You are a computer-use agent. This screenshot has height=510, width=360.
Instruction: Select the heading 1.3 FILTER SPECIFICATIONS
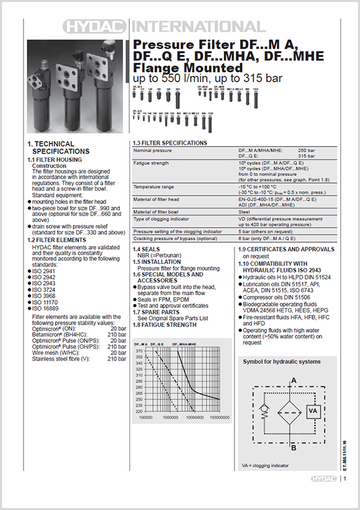[169, 142]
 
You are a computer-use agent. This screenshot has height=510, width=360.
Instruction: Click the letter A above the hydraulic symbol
[293, 381]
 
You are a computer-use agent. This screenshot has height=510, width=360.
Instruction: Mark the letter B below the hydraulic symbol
[293, 448]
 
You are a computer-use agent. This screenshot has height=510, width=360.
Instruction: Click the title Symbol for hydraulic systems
[282, 361]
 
